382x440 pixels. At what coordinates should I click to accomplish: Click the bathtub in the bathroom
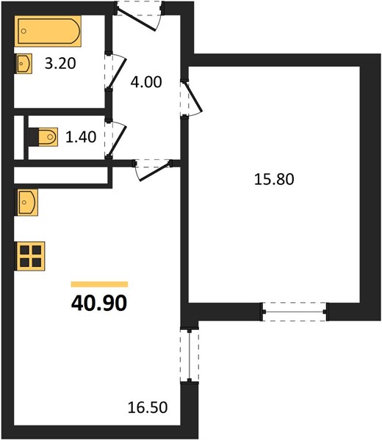tap(48, 31)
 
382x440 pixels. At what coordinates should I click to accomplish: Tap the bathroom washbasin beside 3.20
tap(24, 64)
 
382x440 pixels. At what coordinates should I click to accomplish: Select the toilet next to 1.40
tap(43, 137)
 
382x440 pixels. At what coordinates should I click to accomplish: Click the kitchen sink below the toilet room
tap(27, 202)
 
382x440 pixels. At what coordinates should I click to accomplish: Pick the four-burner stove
tap(31, 256)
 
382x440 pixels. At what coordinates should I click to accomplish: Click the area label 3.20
tap(60, 63)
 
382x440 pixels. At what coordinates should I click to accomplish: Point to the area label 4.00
tap(146, 82)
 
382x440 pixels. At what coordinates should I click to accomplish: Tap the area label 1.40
tap(81, 137)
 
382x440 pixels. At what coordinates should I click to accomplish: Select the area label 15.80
tap(274, 180)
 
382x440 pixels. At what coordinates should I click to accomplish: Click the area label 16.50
tap(148, 408)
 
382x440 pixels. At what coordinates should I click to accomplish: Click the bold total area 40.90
tap(99, 304)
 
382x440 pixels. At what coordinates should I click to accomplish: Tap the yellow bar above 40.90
tap(99, 285)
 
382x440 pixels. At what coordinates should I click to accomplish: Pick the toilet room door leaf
tap(117, 141)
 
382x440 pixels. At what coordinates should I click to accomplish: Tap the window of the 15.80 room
tap(295, 312)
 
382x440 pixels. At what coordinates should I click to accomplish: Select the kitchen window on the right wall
tap(190, 355)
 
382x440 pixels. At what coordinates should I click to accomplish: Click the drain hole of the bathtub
tap(24, 31)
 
